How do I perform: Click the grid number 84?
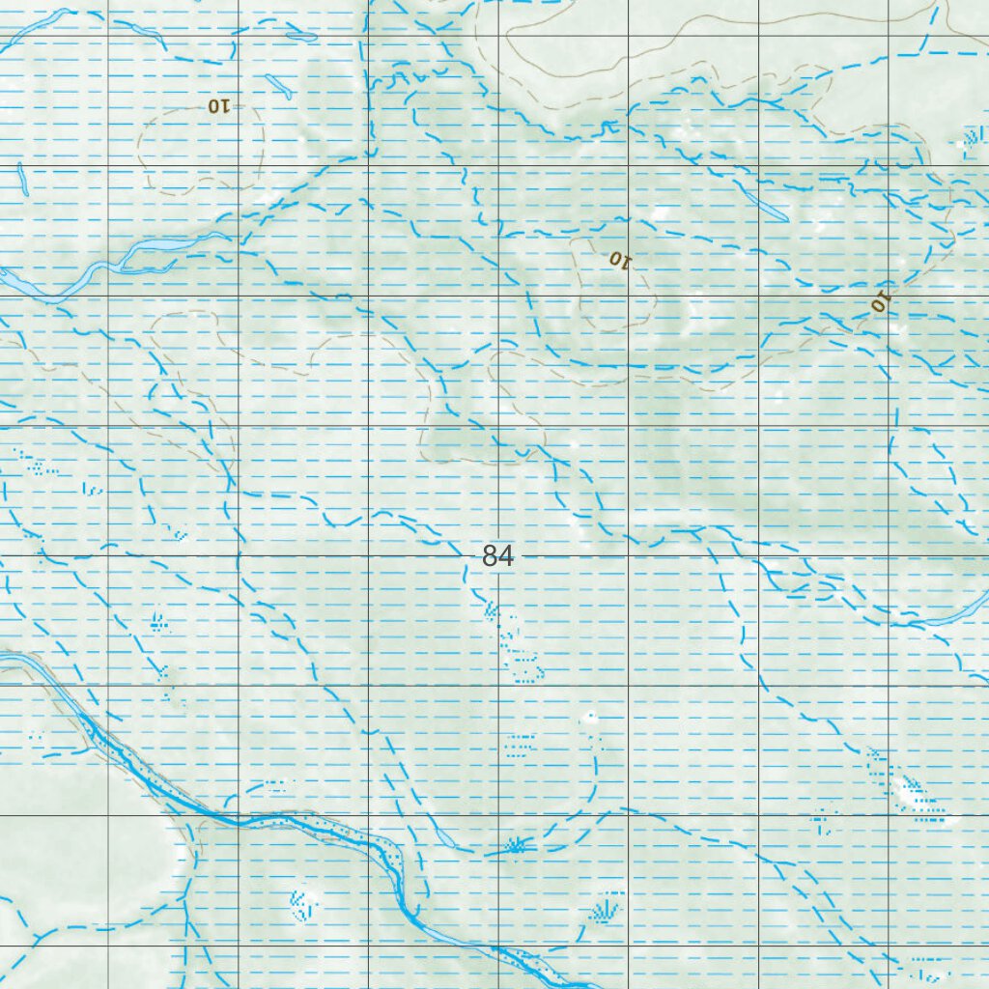497,556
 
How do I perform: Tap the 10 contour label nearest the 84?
618,259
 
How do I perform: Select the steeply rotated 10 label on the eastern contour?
879,301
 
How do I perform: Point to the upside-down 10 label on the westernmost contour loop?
217,106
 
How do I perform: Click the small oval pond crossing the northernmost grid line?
301,38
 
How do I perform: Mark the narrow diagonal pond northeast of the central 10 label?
763,206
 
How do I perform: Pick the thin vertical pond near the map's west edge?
20,179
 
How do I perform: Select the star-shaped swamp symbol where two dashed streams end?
517,846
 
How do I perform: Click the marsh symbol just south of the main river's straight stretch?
303,903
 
